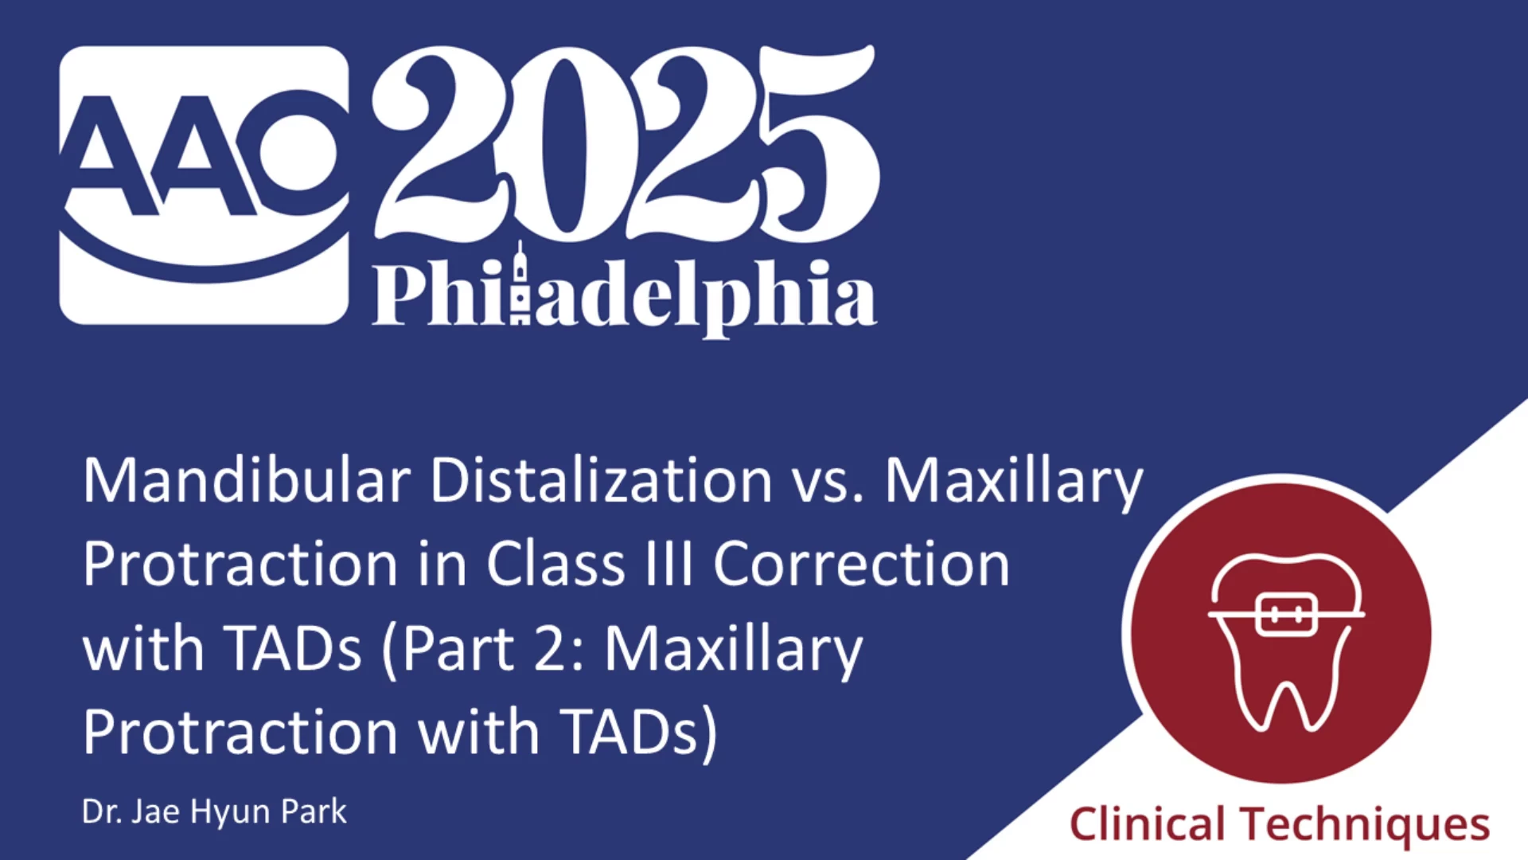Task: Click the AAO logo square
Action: pyautogui.click(x=204, y=185)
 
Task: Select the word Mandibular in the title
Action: pyautogui.click(x=247, y=481)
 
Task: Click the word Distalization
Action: pyautogui.click(x=602, y=481)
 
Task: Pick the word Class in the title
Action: pyautogui.click(x=555, y=565)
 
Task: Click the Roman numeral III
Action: pyautogui.click(x=668, y=565)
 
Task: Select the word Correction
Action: pyautogui.click(x=861, y=565)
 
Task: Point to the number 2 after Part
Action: pyautogui.click(x=549, y=648)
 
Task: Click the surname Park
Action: pyautogui.click(x=314, y=811)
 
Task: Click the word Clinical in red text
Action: pyautogui.click(x=1147, y=823)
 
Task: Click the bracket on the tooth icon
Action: pyautogui.click(x=1284, y=614)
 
